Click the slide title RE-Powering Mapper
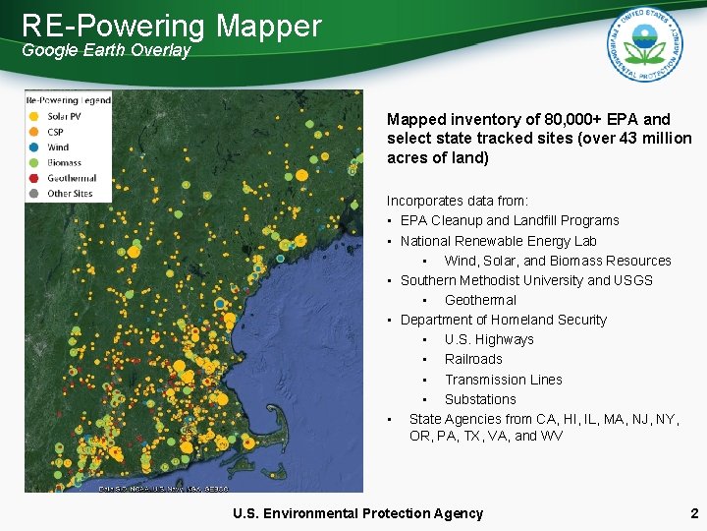click(172, 26)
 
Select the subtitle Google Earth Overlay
click(106, 50)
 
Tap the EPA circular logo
click(644, 44)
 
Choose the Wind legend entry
click(57, 147)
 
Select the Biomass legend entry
click(63, 162)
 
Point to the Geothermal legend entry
click(70, 178)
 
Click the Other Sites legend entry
click(69, 194)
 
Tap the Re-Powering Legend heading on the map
click(69, 99)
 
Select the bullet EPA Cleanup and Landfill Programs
click(510, 220)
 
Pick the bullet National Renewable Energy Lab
click(498, 241)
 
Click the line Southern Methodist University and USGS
click(526, 280)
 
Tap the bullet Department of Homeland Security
click(503, 320)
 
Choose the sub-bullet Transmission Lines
click(503, 380)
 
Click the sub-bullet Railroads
click(472, 359)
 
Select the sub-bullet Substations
click(479, 399)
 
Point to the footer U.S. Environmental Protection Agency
click(357, 513)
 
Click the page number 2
click(693, 513)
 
